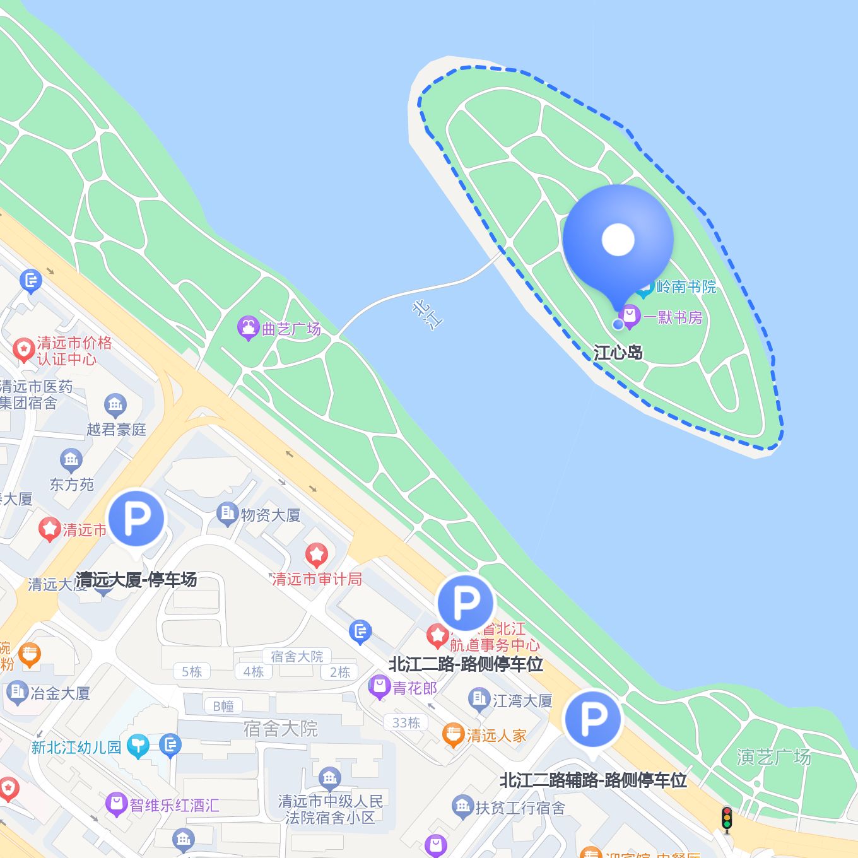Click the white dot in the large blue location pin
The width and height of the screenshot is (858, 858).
pos(618,239)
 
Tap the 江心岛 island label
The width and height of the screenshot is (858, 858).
pos(618,352)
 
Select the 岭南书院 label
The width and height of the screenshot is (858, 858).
pos(686,287)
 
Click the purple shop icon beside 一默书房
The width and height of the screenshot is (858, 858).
pos(629,315)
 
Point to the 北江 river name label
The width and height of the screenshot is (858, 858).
pos(428,314)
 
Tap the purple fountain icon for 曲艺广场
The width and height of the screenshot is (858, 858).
pos(248,327)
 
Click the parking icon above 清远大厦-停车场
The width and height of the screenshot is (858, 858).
pos(136,518)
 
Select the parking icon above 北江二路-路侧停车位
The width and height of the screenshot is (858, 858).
pos(466,603)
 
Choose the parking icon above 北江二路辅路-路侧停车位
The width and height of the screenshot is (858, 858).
pos(593,719)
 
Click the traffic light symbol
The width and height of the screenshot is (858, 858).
pos(727,818)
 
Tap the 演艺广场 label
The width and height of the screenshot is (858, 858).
pos(773,757)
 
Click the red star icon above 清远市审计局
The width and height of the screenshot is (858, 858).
pos(317,555)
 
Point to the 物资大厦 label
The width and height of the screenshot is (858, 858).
pos(271,515)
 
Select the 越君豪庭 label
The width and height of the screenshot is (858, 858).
pos(116,430)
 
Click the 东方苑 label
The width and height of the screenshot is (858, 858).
pos(71,485)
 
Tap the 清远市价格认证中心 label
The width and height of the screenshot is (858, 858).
pos(74,351)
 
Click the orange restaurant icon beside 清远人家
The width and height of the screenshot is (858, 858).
pos(453,734)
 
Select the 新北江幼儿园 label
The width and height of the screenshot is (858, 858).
pos(76,748)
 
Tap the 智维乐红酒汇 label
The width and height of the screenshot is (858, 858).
pos(175,806)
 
